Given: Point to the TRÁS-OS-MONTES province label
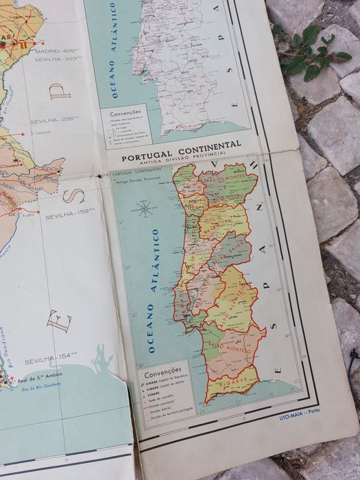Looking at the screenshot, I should point(224,180).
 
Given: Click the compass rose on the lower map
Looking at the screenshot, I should point(145,207).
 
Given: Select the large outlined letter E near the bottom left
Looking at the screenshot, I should point(58,320).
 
